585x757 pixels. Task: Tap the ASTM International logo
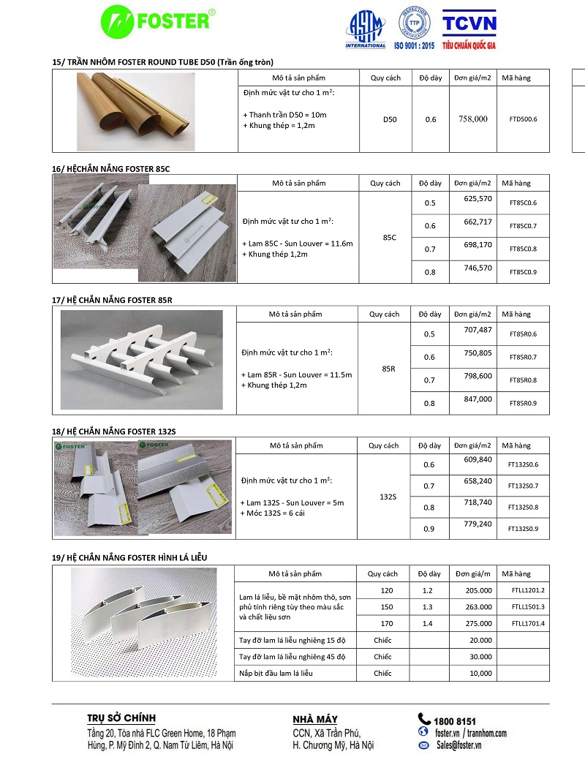pos(365,31)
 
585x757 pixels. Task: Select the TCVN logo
pos(469,29)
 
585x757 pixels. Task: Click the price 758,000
pos(472,118)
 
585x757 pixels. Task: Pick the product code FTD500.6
pos(523,118)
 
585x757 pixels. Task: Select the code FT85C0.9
pos(523,272)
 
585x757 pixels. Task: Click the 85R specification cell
pos(388,369)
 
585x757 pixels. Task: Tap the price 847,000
pos(478,399)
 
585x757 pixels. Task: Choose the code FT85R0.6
pos(523,334)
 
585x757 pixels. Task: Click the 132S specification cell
pos(388,497)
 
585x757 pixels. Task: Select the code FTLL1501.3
pos(528,607)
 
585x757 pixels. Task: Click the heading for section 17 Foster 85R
pos(112,300)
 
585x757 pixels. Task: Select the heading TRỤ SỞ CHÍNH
pos(121,718)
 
